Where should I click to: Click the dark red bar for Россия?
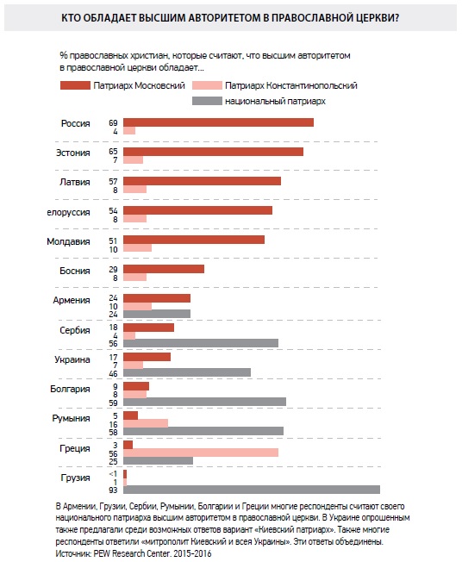218,122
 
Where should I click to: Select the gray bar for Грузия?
252,490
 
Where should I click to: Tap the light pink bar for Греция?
201,453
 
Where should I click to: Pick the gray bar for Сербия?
201,343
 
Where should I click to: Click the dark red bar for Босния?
164,269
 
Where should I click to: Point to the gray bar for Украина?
187,372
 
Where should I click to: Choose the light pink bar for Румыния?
146,423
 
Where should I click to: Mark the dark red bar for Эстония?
213,152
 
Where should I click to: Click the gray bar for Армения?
157,314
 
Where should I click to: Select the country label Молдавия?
68,241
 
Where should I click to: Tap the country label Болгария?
70,389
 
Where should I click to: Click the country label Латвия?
74,182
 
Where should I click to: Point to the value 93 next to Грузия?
113,490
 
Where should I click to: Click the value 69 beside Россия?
113,123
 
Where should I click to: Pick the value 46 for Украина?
113,373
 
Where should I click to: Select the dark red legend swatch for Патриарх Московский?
75,85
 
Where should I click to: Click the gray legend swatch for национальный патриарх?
207,101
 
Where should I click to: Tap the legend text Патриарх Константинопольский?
291,85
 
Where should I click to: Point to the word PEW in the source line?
103,553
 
